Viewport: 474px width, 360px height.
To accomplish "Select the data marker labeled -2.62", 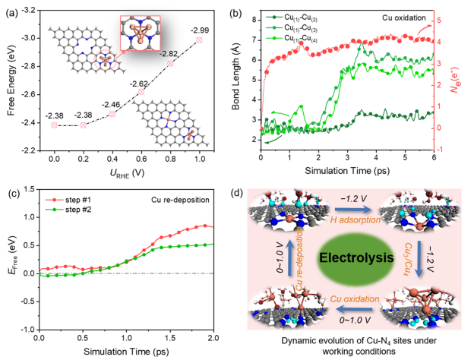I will [141, 92].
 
